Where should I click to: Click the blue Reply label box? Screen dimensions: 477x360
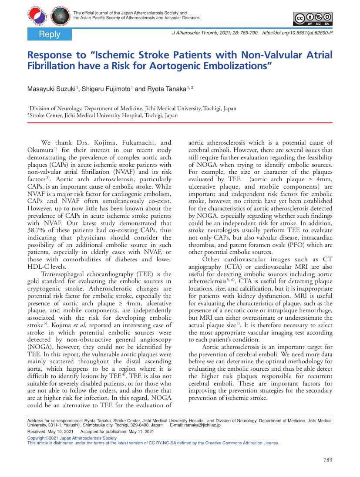pos(49,34)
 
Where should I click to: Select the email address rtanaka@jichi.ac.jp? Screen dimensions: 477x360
pos(202,424)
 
